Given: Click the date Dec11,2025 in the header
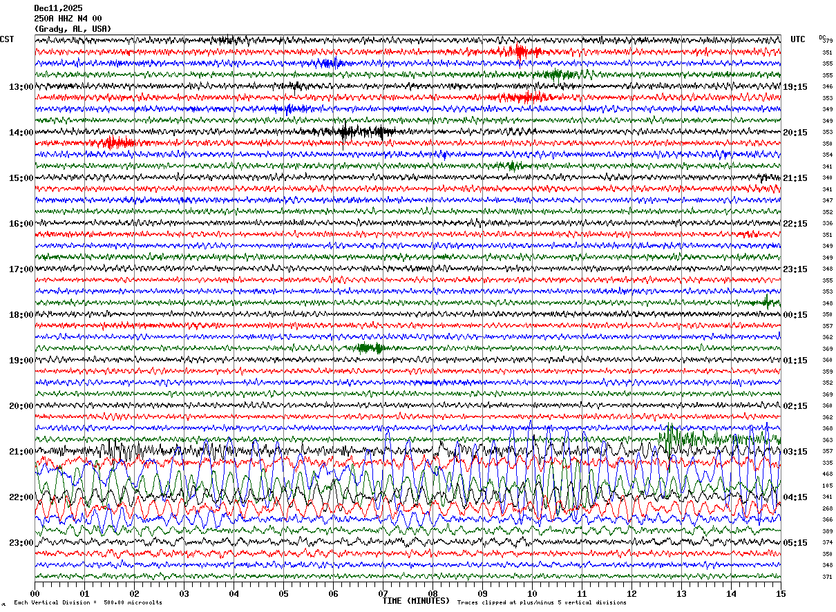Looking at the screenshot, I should [58, 8].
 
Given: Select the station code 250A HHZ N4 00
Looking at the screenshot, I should [68, 18].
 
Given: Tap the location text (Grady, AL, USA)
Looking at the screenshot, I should [72, 29].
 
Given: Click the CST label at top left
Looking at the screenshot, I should [7, 39].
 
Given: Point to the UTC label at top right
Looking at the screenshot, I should [798, 39].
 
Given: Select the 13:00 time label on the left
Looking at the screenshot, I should [21, 87].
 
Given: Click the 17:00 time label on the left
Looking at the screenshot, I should [21, 269].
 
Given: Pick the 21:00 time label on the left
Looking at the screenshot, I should [21, 452].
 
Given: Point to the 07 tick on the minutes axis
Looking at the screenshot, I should [383, 593].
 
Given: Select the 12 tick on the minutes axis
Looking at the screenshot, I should [631, 593].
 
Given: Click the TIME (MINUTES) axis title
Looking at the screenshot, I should [416, 601].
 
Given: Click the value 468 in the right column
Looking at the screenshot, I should [827, 475].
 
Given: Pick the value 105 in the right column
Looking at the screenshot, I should [827, 486].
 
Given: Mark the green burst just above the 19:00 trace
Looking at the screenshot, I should [370, 348].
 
